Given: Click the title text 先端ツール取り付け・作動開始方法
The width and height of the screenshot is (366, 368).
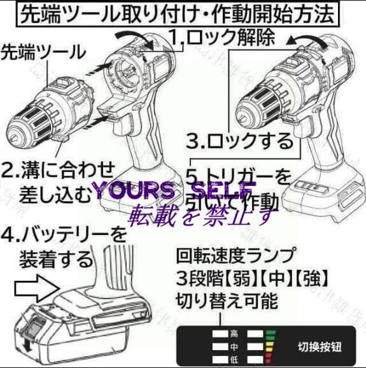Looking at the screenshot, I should coord(183,14).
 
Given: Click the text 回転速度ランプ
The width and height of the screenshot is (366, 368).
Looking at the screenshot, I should coord(236,256).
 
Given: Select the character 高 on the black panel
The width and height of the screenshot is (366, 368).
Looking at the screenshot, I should coord(234,333).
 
